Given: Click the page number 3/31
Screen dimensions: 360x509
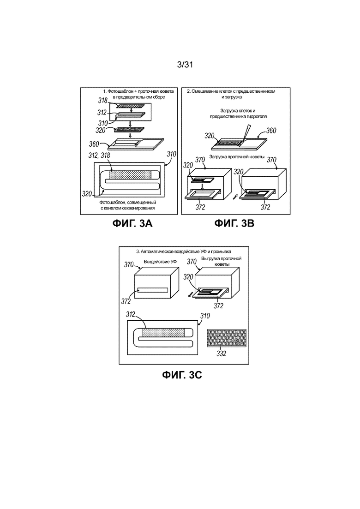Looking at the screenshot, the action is click(x=185, y=65).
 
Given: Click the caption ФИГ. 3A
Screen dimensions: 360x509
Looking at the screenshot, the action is click(x=132, y=224).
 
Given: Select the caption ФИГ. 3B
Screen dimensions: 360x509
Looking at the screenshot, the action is click(x=234, y=224).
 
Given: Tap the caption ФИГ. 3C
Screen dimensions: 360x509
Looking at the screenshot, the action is click(x=182, y=375).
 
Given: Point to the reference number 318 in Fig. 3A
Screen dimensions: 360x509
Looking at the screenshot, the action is click(x=103, y=101).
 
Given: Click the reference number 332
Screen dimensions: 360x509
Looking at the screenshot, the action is click(x=222, y=353).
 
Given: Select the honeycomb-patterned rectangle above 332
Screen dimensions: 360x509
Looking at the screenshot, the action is click(x=227, y=339).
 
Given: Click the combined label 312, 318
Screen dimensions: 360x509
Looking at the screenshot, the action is click(x=99, y=156).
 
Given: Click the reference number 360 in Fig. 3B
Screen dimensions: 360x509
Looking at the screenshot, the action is click(x=271, y=131).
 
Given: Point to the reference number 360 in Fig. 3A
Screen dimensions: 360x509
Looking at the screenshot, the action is click(x=94, y=144).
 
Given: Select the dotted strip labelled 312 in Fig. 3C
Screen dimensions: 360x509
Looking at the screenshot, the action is click(x=163, y=332).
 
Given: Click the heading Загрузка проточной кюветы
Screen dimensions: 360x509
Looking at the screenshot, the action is click(x=237, y=157).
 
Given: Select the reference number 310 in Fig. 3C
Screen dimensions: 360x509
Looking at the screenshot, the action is click(x=205, y=316).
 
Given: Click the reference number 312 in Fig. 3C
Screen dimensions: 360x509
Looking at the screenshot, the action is click(x=131, y=315).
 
